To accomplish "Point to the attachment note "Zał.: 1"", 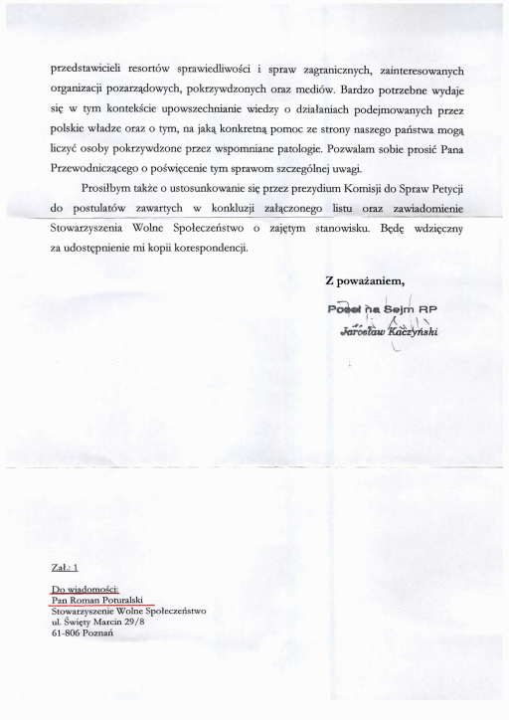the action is point(64,569).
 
